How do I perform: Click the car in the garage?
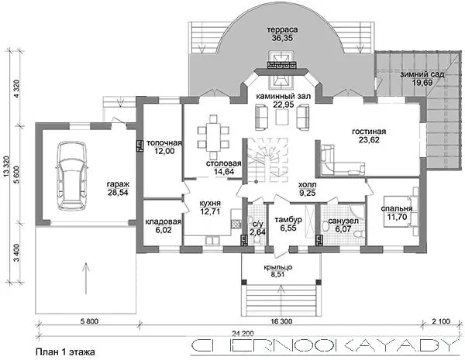pyautogui.click(x=72, y=176)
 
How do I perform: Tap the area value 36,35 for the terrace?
pyautogui.click(x=282, y=38)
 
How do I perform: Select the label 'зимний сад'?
pyautogui.click(x=422, y=74)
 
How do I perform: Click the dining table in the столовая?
pyautogui.click(x=213, y=138)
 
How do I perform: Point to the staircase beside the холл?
pyautogui.click(x=264, y=160)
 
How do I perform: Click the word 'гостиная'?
pyautogui.click(x=369, y=132)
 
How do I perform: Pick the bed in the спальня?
pyautogui.click(x=401, y=211)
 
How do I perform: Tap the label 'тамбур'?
pyautogui.click(x=288, y=220)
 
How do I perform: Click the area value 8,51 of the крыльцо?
pyautogui.click(x=277, y=275)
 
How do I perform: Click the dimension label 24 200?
pyautogui.click(x=243, y=334)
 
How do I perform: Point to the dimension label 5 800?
pyautogui.click(x=89, y=321)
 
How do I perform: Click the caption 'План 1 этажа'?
pyautogui.click(x=65, y=351)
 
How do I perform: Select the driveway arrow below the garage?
pyautogui.click(x=86, y=278)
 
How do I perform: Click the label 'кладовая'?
pyautogui.click(x=163, y=221)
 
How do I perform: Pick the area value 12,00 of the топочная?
pyautogui.click(x=164, y=151)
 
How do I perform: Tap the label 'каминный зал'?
pyautogui.click(x=283, y=96)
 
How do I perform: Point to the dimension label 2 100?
pyautogui.click(x=441, y=321)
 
